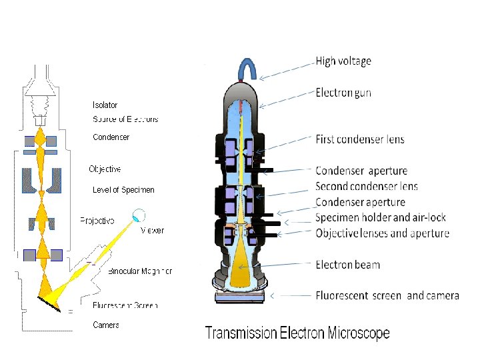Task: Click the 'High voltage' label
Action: click(343, 61)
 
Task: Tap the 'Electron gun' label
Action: click(343, 93)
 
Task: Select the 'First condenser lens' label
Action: click(359, 139)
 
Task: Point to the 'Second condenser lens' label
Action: click(367, 186)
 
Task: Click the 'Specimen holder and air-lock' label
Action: click(381, 217)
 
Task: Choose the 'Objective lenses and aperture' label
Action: click(382, 233)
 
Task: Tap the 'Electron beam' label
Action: click(347, 265)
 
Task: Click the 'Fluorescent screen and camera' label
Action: click(387, 295)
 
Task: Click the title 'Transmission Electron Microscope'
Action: click(297, 333)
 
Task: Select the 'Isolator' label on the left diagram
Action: click(105, 105)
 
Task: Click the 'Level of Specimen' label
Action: click(123, 190)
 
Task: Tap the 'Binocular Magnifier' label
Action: click(140, 271)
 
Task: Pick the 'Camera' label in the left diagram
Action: click(106, 325)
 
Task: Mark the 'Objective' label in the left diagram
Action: click(105, 169)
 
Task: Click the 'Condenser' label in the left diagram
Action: click(111, 137)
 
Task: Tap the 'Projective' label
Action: click(97, 221)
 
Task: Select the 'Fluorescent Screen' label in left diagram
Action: click(125, 305)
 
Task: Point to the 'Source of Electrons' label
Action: click(125, 119)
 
